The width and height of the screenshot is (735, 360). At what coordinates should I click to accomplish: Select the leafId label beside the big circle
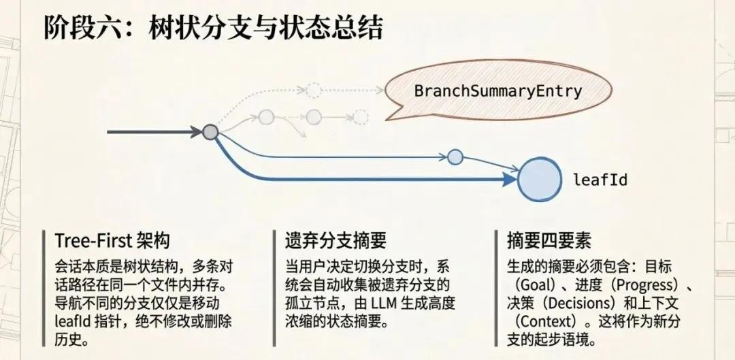click(x=600, y=180)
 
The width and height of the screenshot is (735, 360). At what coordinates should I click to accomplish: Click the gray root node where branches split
click(x=210, y=132)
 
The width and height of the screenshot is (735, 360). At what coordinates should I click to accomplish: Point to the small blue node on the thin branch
click(x=455, y=157)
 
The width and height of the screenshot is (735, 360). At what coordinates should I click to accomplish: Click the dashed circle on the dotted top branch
click(x=313, y=89)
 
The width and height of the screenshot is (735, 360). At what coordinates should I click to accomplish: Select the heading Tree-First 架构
click(x=112, y=240)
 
